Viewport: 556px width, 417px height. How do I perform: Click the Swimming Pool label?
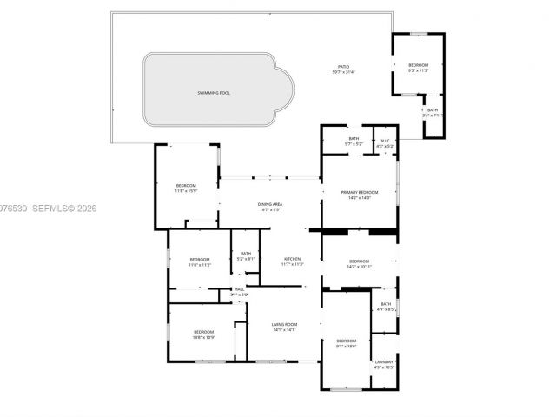213,92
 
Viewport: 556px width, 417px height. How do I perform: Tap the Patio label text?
345,66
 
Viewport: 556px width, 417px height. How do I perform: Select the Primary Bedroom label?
360,192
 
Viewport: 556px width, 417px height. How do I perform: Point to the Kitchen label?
293,259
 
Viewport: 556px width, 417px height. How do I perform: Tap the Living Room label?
285,324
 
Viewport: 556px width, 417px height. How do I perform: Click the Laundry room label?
384,362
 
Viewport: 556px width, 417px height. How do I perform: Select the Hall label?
239,290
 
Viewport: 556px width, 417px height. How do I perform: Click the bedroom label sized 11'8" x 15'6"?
187,186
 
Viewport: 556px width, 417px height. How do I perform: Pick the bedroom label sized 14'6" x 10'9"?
203,332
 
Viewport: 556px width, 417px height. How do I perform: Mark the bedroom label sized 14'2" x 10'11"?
360,261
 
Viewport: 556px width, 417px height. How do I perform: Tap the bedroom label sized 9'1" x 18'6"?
347,340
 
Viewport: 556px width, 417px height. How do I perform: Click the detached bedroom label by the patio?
418,65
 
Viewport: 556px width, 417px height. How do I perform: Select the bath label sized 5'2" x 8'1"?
246,254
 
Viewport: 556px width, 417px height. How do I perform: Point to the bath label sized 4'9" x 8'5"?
386,304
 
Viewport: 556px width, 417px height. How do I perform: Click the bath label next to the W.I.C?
354,139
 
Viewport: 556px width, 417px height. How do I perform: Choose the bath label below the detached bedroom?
433,110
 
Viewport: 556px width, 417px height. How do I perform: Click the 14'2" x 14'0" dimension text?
360,198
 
